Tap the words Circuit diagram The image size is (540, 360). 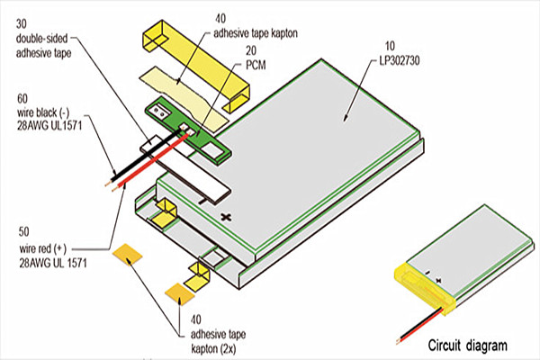click(467, 345)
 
